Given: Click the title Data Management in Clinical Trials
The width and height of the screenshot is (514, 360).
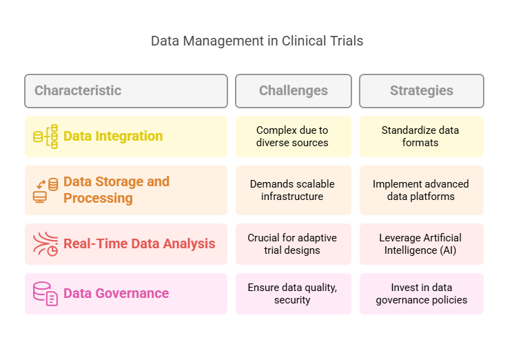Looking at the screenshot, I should point(257,41).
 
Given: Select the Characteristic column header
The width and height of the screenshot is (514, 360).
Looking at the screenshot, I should point(78,90).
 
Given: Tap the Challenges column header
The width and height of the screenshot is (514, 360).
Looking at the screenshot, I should point(293,90).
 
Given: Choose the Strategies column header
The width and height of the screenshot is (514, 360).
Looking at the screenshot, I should point(421,90).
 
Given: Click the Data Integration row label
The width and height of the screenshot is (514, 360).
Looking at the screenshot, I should point(113,136).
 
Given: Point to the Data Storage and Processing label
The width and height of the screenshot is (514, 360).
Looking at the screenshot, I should point(116,190).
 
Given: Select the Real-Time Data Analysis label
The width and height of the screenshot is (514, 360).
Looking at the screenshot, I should point(139,243).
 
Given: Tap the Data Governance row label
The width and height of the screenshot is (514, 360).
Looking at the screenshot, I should point(116,293).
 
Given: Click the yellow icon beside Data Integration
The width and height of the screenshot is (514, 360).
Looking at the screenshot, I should point(45,137).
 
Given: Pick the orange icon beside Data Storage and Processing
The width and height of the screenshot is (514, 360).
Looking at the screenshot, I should point(45,190).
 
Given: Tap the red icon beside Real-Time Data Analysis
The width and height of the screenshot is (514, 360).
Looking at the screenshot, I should point(45,244).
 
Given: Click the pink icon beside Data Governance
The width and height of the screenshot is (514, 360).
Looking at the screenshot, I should point(45,294).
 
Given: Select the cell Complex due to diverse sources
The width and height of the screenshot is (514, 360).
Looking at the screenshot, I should point(293,137).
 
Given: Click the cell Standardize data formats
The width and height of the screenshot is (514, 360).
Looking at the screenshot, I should point(421,137).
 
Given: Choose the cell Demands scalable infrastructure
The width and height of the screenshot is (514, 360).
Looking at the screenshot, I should point(293,190).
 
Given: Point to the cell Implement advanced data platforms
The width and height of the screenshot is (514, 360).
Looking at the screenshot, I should point(421,190).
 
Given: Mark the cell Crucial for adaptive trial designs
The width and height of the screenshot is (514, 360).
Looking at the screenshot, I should point(293,244).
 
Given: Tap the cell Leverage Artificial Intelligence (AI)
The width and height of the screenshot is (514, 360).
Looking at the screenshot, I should point(421,244).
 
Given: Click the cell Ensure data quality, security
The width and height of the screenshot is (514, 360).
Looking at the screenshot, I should point(293,294).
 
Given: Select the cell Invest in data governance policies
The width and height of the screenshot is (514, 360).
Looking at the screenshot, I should point(421,294).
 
